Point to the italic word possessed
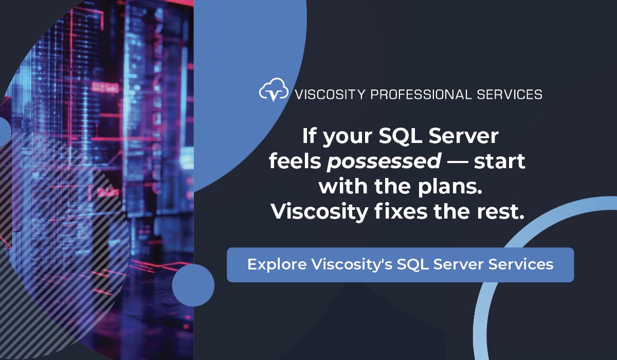coord(384,162)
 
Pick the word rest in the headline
coord(501,211)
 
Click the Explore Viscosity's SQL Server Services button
coord(400,265)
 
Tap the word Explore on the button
coord(277,265)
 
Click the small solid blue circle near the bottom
coord(193,286)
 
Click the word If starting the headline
coord(308,137)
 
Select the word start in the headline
coord(499,162)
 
